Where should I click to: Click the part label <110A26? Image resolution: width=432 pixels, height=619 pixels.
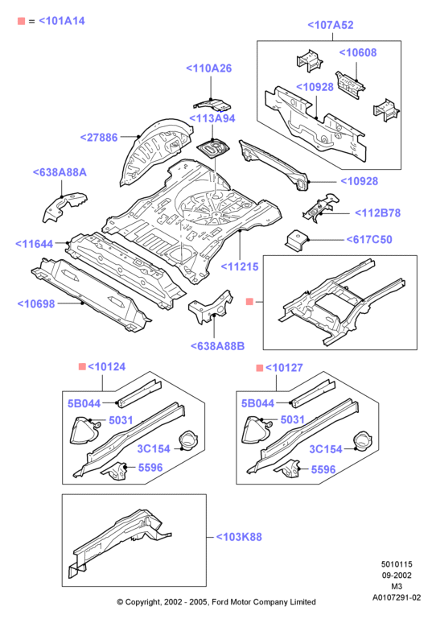point(208,68)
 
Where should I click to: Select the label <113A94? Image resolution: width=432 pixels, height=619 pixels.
point(212,118)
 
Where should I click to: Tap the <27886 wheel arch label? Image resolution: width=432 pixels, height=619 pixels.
point(99,138)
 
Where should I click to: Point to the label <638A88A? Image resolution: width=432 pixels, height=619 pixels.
point(60,172)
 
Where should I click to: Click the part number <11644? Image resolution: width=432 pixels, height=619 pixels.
point(34,244)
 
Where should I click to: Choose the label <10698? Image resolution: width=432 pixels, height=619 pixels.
point(36,303)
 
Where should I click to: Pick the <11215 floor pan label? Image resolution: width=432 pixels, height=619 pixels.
point(240,267)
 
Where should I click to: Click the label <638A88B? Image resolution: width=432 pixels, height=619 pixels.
point(217,346)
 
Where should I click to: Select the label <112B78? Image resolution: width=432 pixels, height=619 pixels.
point(377,213)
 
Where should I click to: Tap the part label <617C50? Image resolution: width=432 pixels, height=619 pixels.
point(369,240)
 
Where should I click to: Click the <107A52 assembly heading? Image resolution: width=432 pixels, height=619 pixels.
point(330,25)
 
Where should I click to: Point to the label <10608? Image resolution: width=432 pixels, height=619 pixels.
point(358,52)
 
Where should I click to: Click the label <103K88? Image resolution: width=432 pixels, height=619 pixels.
point(239,537)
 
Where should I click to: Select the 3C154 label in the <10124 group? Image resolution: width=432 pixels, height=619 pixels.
point(154,449)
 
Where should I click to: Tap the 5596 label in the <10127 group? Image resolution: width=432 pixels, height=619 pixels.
point(323,469)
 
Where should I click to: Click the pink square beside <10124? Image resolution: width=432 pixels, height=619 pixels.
point(82,367)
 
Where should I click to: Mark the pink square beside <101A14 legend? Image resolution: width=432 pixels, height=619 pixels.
point(21,21)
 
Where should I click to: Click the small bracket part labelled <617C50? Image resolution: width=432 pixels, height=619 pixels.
point(297,241)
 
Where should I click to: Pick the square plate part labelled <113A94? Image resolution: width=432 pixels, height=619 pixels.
point(213,149)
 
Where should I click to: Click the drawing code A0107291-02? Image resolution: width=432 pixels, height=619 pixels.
point(397,598)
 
